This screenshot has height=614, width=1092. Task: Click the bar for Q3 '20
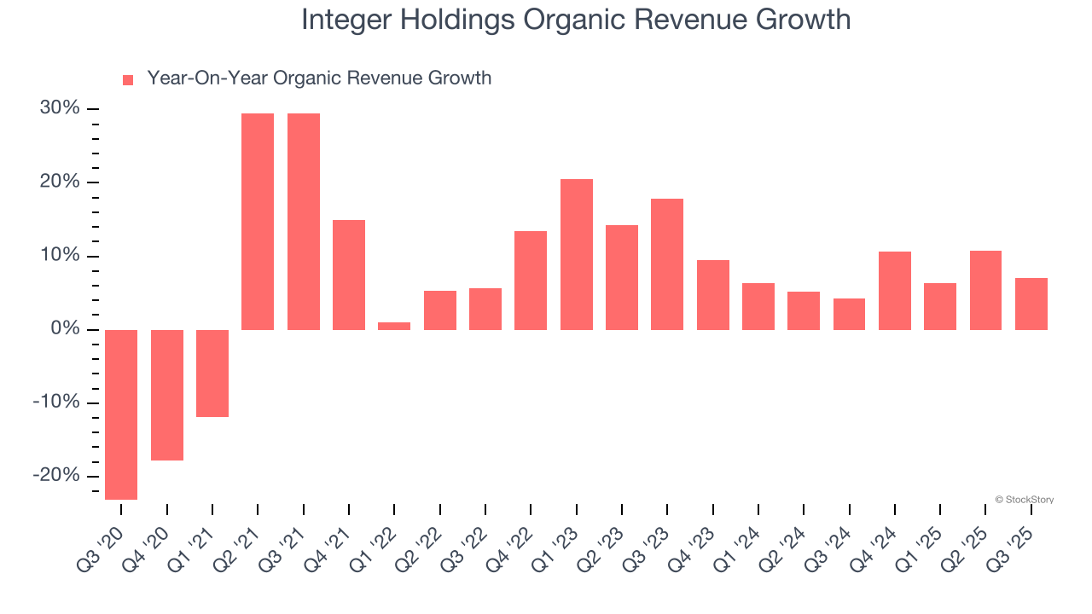[x=121, y=414]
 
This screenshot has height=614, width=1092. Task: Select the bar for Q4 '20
[x=167, y=395]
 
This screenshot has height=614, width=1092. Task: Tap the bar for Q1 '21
[x=212, y=374]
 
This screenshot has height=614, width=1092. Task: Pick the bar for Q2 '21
[x=258, y=222]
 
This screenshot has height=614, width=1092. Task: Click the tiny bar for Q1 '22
[x=394, y=326]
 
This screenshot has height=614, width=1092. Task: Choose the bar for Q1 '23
[x=577, y=254]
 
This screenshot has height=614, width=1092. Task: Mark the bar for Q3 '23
[x=667, y=264]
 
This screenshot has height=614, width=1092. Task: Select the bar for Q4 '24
[x=895, y=291]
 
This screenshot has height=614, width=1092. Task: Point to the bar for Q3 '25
[x=1031, y=304]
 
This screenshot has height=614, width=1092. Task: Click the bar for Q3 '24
[x=849, y=314]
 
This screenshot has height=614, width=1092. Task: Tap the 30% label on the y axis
[x=60, y=108]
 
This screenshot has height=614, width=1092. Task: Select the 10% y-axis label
[x=60, y=256]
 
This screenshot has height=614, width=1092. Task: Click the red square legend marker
[x=128, y=80]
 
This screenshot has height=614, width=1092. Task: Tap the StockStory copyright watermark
[x=1024, y=500]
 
